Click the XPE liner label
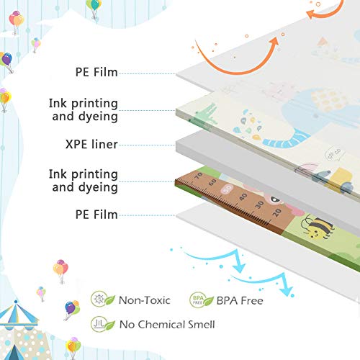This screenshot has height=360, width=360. point(91,144)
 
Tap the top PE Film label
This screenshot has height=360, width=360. point(96,72)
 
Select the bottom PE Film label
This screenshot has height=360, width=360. point(96,215)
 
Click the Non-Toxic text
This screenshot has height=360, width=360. point(145,300)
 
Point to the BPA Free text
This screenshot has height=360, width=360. point(240,300)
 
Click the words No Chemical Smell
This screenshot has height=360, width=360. point(167,325)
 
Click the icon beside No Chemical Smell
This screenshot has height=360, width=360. point(103,324)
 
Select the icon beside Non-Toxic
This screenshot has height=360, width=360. point(103,300)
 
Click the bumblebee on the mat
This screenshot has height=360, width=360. point(317,228)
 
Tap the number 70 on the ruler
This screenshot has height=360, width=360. point(199,176)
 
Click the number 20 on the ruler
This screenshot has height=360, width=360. point(277,212)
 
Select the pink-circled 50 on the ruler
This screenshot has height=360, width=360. point(228,189)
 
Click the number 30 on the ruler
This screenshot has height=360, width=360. point(259,204)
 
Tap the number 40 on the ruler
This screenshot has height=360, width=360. point(243,197)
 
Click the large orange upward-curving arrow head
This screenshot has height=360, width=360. point(274,42)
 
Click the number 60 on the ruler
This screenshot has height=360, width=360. point(212,182)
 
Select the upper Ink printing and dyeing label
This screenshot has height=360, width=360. point(84,110)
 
